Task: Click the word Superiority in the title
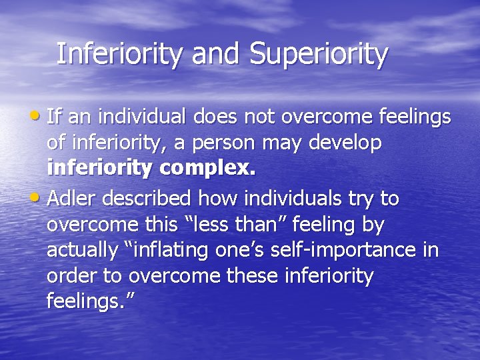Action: [319, 55]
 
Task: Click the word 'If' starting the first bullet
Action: [55, 117]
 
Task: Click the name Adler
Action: [74, 199]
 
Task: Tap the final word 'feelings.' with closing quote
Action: [91, 301]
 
